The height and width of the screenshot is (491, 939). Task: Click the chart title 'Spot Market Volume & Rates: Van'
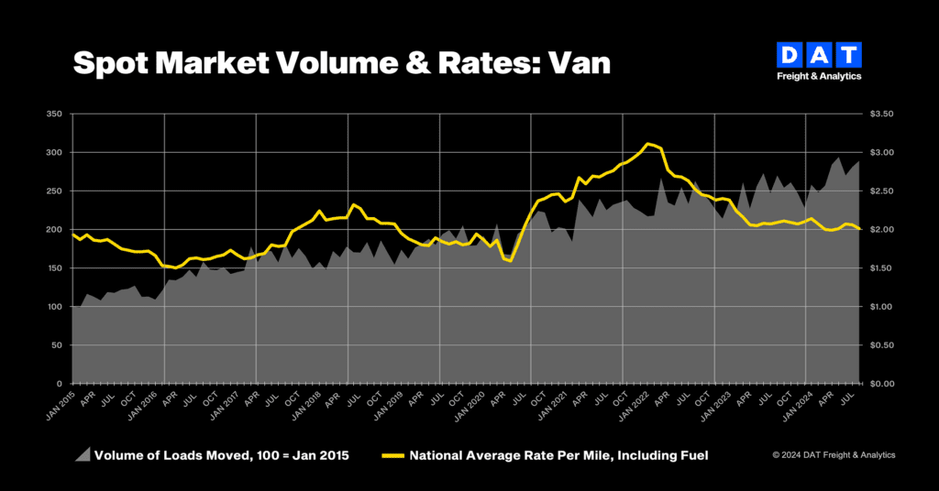(x=340, y=62)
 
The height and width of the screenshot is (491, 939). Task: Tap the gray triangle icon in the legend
(x=82, y=454)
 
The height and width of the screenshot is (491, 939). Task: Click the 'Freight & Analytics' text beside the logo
(x=818, y=77)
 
